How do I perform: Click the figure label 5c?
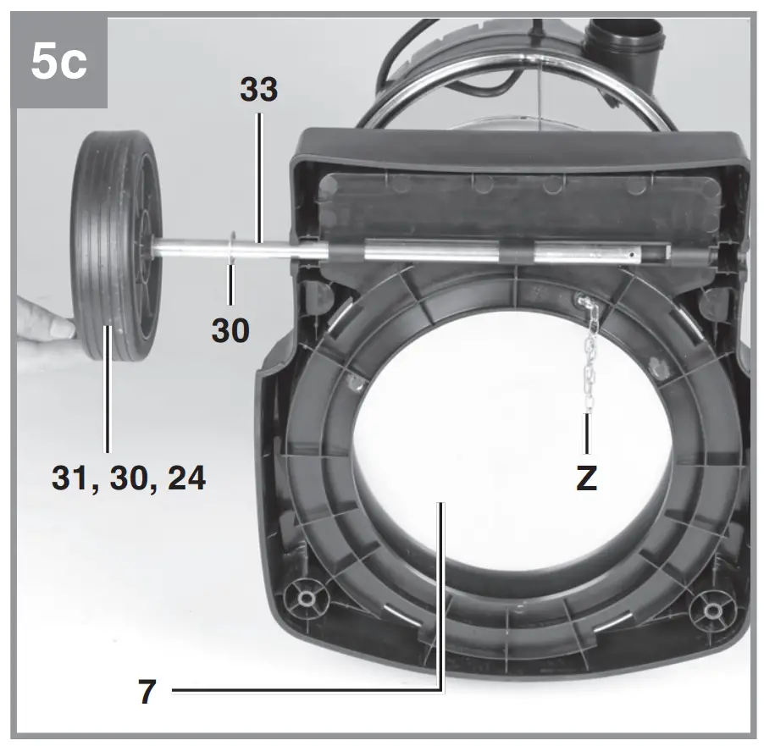[58, 64]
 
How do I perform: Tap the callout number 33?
[258, 90]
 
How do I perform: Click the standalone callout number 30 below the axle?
[230, 329]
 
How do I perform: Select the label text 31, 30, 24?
[128, 478]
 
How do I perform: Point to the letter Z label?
[586, 478]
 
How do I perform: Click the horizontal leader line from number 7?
[305, 692]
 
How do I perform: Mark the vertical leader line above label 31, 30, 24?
[107, 398]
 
